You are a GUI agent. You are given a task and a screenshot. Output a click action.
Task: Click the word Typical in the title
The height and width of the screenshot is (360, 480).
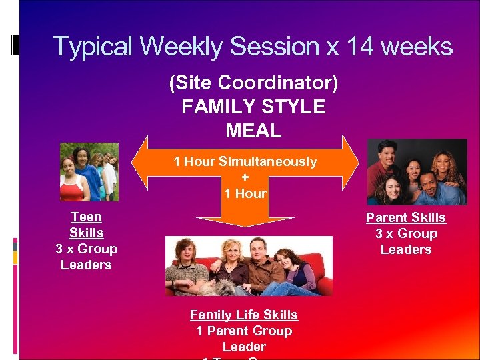94,47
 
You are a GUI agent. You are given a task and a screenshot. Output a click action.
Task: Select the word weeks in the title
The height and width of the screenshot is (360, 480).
417,47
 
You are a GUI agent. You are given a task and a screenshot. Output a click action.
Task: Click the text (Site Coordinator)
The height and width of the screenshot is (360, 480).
253,83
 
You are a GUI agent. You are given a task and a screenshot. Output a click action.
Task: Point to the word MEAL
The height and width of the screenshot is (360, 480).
253,131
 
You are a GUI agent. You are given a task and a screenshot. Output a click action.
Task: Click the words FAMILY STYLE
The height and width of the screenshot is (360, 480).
253,107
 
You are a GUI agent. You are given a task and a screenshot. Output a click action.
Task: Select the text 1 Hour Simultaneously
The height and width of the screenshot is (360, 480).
245,162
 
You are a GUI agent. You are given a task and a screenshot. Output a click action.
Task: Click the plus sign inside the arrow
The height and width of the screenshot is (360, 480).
245,178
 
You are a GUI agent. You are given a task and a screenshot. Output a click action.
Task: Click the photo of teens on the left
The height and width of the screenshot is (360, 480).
89,172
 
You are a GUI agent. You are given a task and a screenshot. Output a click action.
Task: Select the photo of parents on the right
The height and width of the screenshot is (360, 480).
417,172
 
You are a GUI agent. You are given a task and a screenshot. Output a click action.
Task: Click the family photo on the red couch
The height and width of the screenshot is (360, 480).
249,265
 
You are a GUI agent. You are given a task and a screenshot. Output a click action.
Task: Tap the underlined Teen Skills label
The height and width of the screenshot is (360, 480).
86,225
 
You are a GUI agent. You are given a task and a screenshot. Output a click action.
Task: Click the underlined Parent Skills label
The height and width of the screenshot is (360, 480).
405,218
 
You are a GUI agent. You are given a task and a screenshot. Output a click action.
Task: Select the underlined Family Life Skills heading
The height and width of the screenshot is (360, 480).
244,315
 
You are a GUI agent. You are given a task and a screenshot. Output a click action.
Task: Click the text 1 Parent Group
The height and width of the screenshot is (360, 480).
244,331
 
